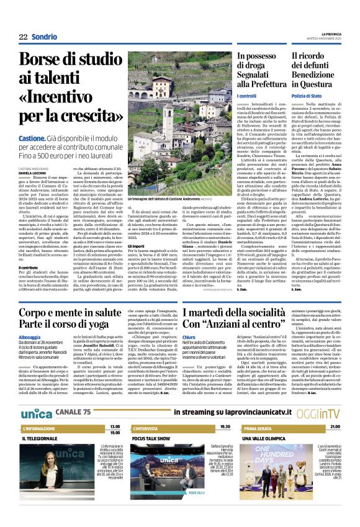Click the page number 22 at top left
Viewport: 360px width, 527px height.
point(23,37)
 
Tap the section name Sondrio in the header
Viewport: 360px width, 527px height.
point(44,37)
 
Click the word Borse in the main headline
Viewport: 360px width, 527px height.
point(47,61)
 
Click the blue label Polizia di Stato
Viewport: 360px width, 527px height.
point(306,96)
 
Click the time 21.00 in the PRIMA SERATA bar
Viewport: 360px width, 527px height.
point(335,427)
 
